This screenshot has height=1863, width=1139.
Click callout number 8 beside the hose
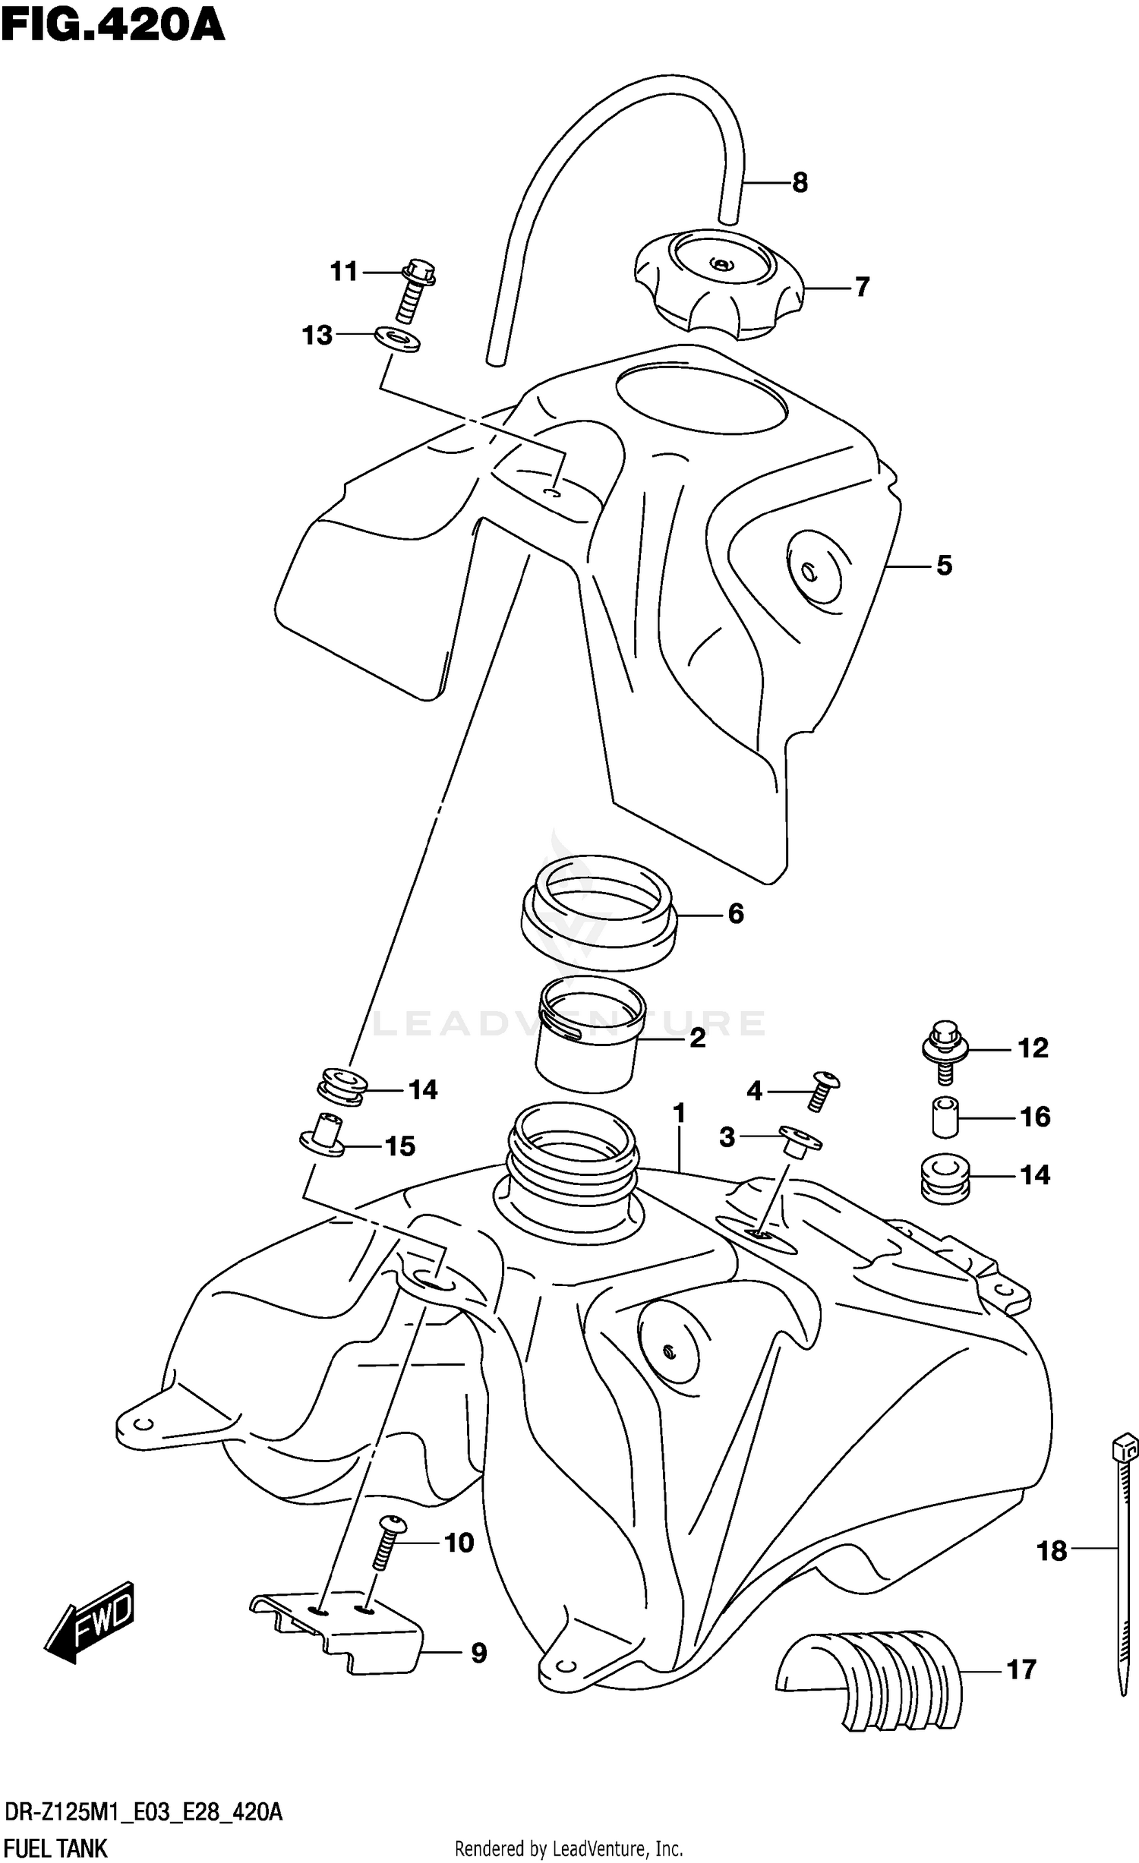[x=800, y=183]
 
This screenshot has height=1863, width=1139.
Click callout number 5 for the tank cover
[x=943, y=566]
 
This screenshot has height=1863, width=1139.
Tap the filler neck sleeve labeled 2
[x=586, y=1034]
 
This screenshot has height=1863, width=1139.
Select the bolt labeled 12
[x=943, y=1048]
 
